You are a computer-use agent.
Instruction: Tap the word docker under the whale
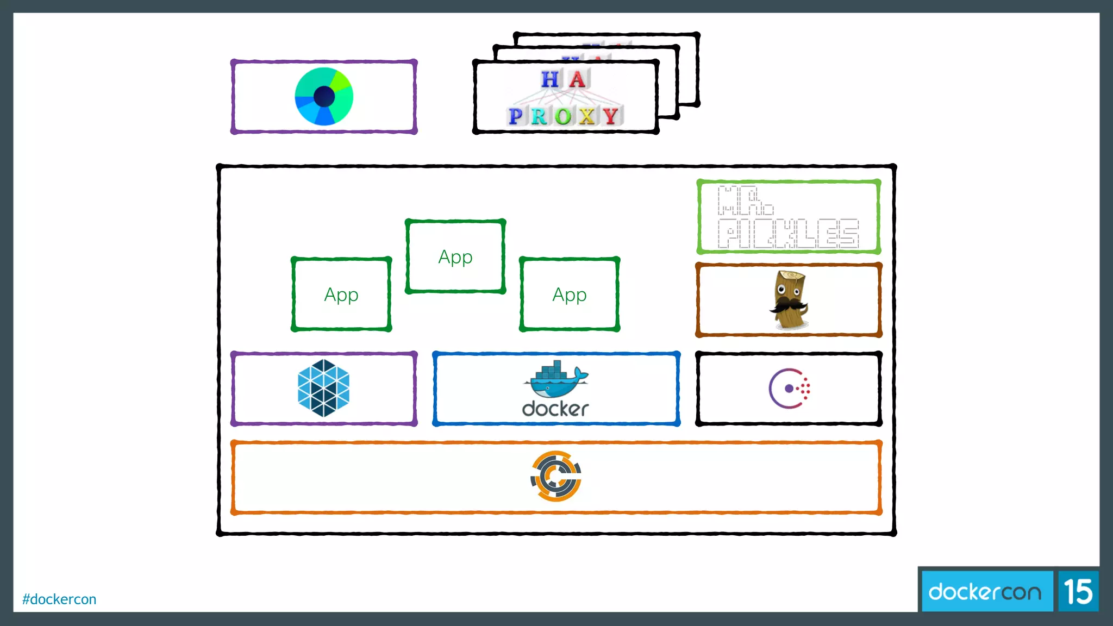tap(555, 409)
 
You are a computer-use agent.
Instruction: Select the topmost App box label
tap(455, 257)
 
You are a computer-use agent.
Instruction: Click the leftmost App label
tap(341, 295)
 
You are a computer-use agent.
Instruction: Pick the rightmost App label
tap(570, 295)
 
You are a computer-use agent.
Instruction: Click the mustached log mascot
tap(789, 301)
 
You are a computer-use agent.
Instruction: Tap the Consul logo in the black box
tap(789, 389)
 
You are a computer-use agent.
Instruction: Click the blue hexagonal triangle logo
tap(324, 389)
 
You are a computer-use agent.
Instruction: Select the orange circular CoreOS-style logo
tap(556, 476)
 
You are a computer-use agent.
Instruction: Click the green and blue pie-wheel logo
tap(324, 97)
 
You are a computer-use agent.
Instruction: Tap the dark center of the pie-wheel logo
tap(324, 97)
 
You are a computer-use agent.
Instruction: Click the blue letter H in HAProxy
tap(550, 80)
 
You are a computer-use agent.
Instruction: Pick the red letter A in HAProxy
tap(577, 80)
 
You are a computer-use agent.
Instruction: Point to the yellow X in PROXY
tap(587, 116)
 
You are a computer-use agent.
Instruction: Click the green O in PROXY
tap(564, 116)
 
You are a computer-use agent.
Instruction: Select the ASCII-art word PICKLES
tap(788, 234)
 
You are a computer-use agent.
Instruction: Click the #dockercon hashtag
tap(59, 599)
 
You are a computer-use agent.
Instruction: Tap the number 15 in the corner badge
tap(1078, 592)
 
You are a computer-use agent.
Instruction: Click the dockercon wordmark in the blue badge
tap(985, 592)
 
